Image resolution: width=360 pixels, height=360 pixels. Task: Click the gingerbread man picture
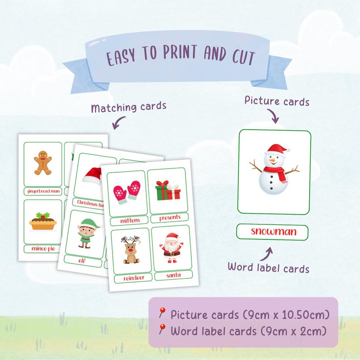[x=43, y=163]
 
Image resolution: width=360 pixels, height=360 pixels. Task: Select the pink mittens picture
[x=126, y=192]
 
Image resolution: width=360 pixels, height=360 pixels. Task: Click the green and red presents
[x=167, y=190]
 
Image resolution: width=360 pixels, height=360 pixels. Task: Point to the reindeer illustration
[x=130, y=250]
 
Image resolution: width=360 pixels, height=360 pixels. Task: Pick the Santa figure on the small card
[x=172, y=247]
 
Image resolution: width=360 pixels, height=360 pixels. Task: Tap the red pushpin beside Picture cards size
[x=162, y=312]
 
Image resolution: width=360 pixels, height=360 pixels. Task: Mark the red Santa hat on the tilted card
[x=92, y=176]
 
